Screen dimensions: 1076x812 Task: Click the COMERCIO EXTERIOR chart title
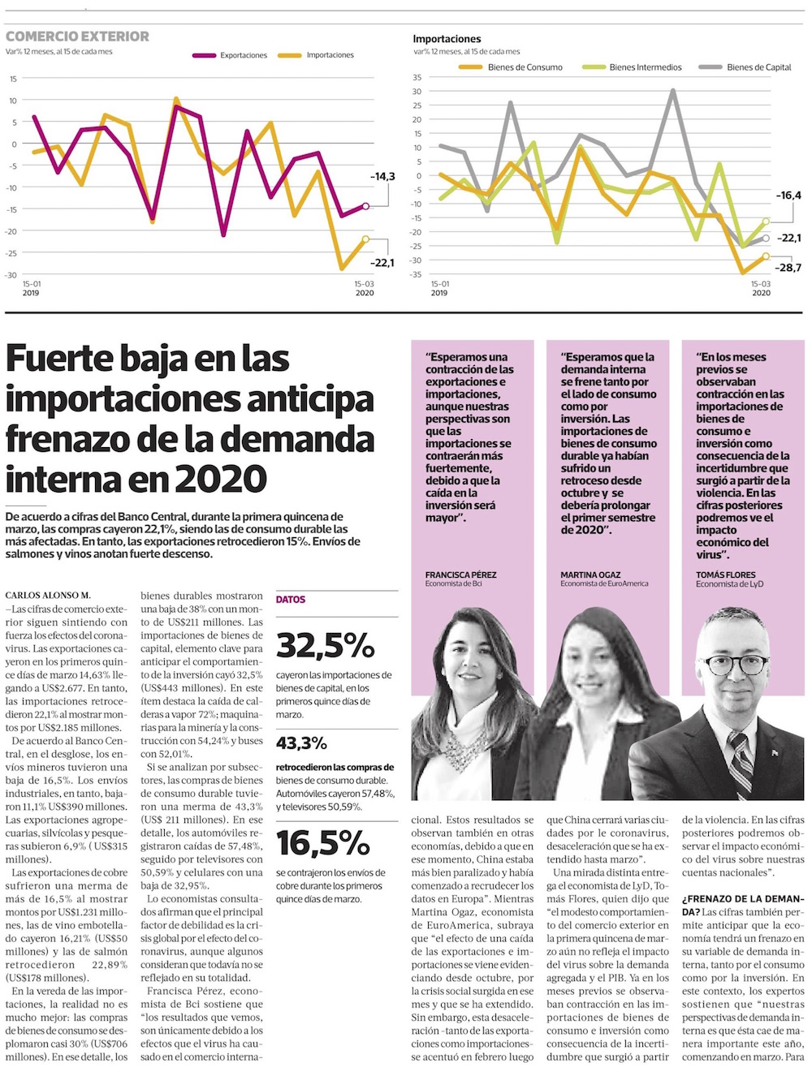[77, 37]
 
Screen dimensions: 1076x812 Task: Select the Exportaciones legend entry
[243, 55]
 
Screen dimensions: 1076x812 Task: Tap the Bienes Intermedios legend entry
[645, 67]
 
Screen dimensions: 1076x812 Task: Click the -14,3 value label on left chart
[382, 176]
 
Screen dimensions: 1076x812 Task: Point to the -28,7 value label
[788, 268]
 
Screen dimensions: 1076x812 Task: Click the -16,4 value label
[788, 196]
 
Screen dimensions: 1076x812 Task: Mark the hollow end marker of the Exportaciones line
[365, 206]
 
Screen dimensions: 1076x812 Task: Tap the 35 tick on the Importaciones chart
[417, 78]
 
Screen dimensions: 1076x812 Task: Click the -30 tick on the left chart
[12, 275]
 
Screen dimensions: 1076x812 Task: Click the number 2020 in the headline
[220, 479]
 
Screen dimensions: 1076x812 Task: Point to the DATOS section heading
[291, 600]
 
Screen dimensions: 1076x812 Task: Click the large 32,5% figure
[325, 645]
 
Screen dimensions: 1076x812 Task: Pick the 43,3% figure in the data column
[301, 742]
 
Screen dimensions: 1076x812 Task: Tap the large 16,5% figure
[322, 843]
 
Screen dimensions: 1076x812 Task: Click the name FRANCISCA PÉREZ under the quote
[460, 575]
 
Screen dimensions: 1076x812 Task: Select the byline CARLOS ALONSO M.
[48, 596]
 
